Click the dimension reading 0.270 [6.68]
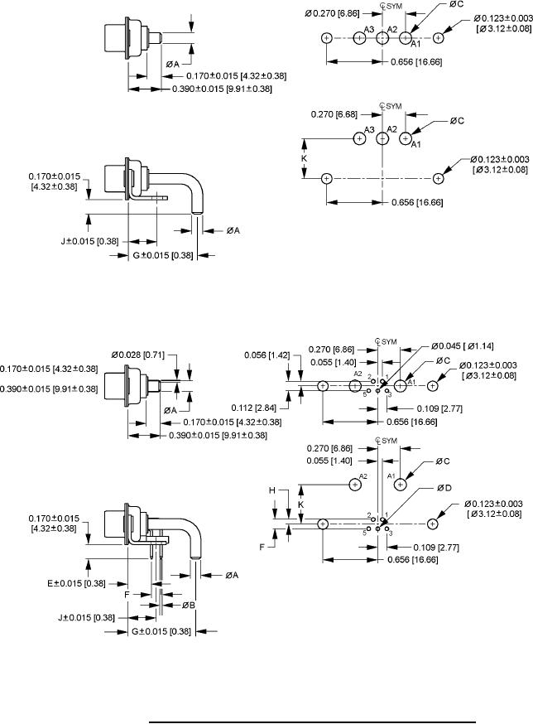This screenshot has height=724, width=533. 334,114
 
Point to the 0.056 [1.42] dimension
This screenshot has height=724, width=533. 267,355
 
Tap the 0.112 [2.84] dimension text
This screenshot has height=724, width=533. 254,408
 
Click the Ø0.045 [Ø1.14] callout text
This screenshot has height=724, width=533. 463,345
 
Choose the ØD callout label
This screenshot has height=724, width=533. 445,488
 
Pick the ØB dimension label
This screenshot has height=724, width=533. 188,605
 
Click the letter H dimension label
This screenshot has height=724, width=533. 272,490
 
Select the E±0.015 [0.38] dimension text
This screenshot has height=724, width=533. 77,583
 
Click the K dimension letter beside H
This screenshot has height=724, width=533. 301,504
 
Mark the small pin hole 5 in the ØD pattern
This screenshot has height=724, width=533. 369,529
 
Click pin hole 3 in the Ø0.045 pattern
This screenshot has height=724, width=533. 386,391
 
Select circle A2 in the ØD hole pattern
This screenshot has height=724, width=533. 355,485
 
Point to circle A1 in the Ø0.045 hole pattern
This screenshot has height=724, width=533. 400,385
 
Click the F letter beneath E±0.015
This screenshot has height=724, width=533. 127,595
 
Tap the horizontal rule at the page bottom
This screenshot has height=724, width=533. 312,721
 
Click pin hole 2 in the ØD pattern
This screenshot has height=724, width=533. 373,519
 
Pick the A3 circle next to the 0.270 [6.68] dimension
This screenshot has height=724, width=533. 359,138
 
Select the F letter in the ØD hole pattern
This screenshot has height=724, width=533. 262,548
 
